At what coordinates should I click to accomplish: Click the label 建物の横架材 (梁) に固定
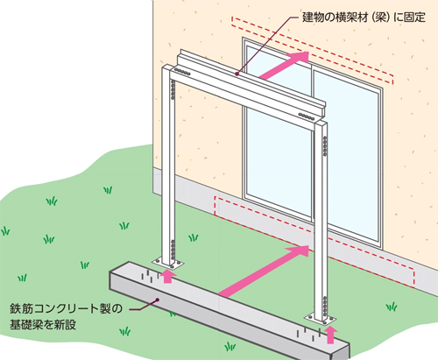(364, 18)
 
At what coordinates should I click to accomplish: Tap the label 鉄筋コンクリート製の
(66, 308)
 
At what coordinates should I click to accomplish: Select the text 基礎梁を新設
(43, 325)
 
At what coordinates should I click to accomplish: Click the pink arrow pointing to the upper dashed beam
(284, 66)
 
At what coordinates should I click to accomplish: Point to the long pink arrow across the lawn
(264, 271)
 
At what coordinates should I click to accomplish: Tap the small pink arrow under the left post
(167, 276)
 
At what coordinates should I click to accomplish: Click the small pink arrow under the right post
(330, 335)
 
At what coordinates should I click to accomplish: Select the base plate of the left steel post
(168, 263)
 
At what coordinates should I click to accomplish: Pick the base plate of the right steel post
(320, 319)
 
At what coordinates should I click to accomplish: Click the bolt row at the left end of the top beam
(181, 72)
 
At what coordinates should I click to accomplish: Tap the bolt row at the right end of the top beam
(307, 116)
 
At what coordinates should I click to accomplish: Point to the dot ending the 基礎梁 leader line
(158, 300)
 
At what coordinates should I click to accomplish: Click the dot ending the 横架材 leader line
(237, 74)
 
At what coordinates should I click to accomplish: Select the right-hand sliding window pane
(347, 155)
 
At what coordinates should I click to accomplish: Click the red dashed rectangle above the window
(313, 50)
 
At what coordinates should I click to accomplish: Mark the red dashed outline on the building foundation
(314, 243)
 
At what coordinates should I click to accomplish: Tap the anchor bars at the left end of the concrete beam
(151, 276)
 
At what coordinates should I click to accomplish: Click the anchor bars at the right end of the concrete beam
(309, 334)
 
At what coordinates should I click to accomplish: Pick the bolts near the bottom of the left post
(173, 250)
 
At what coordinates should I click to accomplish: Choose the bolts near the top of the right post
(325, 146)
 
